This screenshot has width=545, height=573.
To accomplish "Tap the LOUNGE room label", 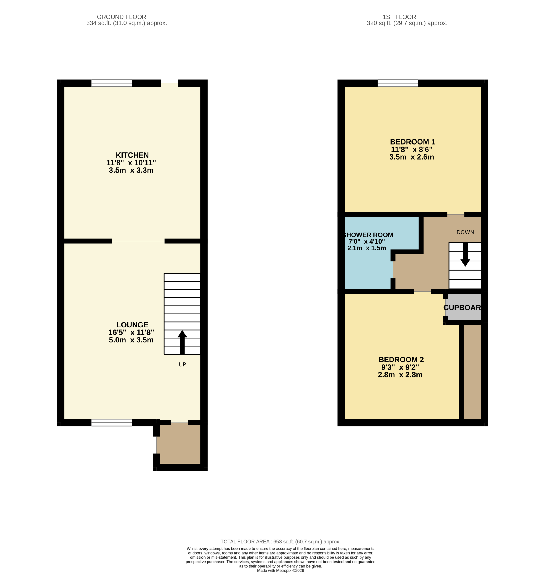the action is [132, 325].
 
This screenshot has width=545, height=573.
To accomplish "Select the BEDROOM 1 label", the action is [413, 142].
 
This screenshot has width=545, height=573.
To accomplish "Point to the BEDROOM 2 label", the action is [401, 360].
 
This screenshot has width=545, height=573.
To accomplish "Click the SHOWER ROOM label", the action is [368, 235].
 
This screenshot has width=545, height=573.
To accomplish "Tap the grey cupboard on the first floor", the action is [463, 307].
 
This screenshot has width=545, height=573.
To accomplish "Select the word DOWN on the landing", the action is [465, 232].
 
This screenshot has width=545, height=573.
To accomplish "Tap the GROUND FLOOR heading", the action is [121, 17].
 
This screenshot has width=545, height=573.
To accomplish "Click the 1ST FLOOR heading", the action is [399, 17].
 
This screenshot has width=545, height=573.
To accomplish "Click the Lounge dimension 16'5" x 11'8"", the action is [131, 332].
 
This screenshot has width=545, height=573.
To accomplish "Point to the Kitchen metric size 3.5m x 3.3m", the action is [131, 170].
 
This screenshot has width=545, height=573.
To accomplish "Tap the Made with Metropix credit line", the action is [280, 570].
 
